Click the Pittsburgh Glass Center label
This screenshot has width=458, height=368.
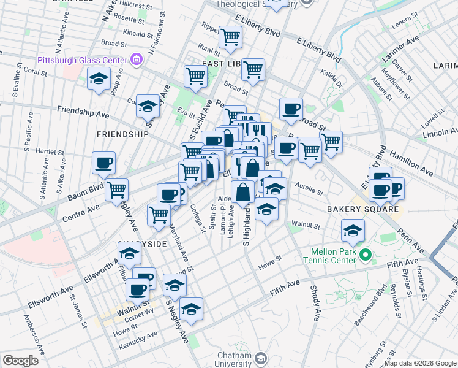coord(82,60)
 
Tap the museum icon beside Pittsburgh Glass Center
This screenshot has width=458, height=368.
coord(136,60)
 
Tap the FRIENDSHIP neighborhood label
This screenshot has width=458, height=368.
coord(122,134)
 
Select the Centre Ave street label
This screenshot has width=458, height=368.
coord(81,211)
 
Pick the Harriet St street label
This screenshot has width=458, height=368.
coord(50,151)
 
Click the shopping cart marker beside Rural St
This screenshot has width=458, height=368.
coord(231,37)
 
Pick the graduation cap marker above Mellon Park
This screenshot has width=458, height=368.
coord(353,231)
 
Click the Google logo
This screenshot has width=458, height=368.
coord(20,361)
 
